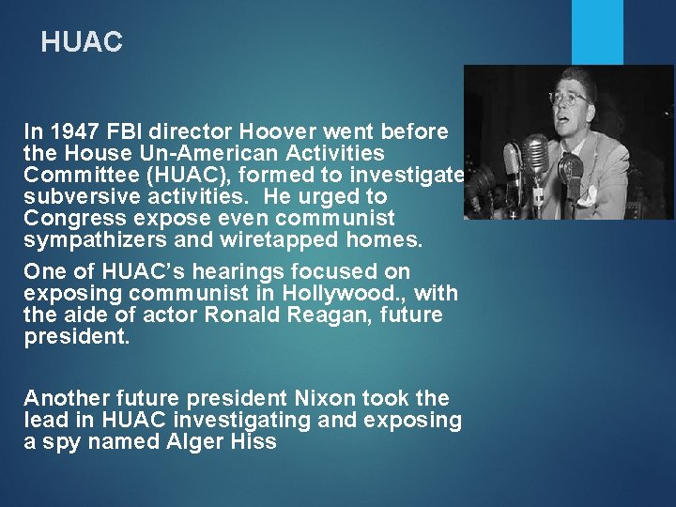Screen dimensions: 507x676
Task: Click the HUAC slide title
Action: (x=82, y=42)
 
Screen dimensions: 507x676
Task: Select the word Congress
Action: (x=67, y=219)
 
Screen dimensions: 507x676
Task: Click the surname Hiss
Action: (x=254, y=441)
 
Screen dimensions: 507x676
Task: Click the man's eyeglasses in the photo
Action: (x=568, y=97)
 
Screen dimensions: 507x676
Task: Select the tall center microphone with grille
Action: (x=535, y=156)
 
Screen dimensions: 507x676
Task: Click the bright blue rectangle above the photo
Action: (x=597, y=32)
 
